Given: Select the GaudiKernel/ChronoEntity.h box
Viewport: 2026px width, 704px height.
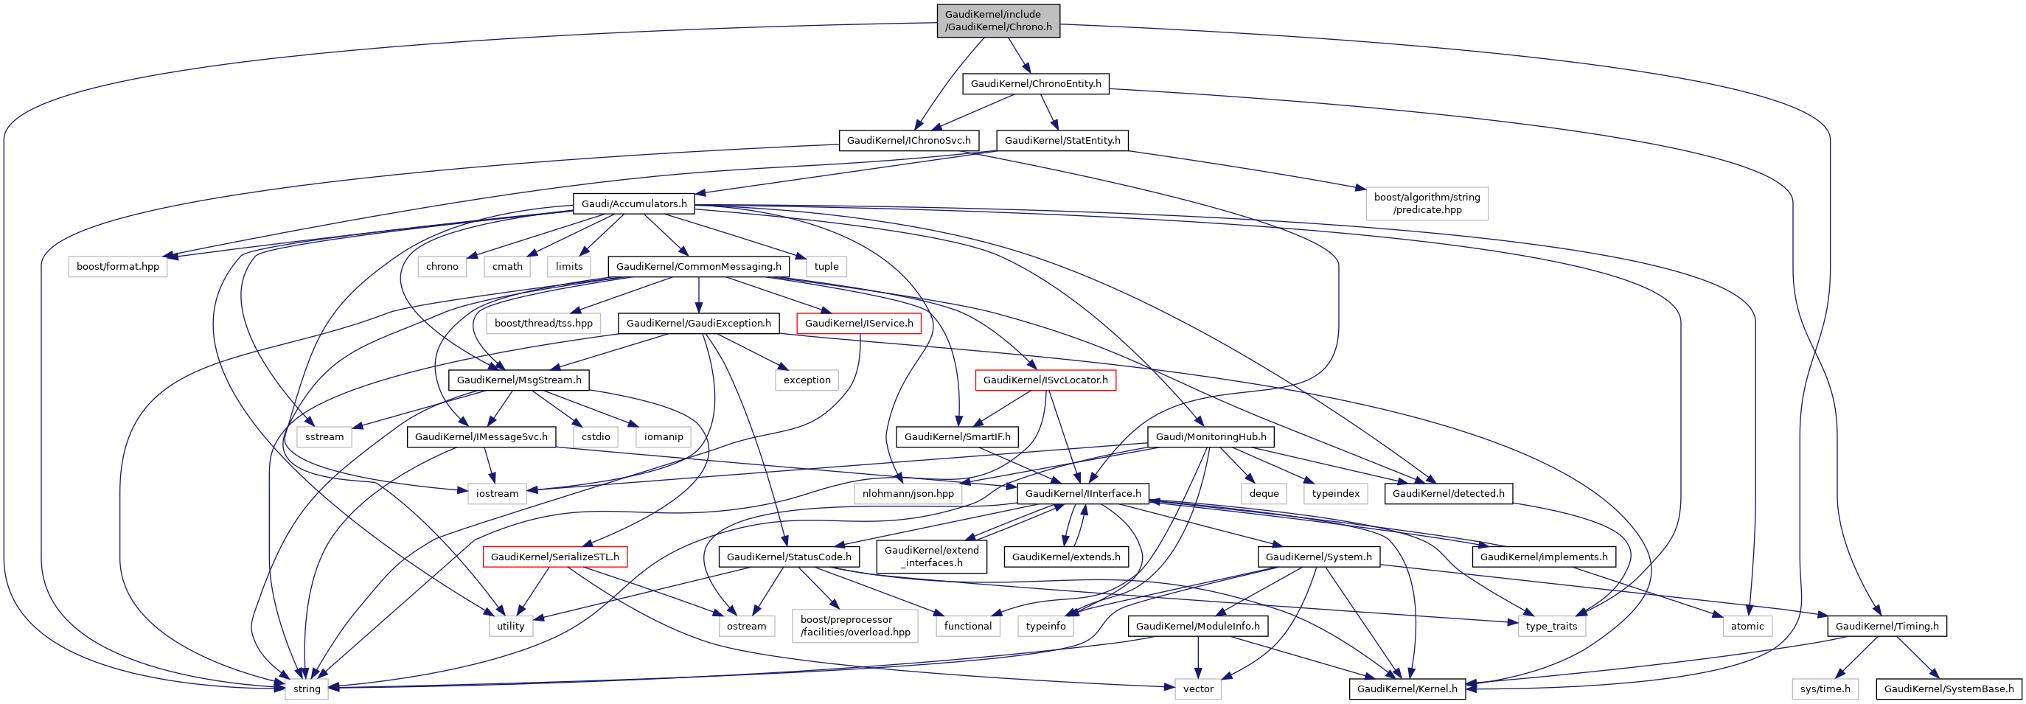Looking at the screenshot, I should coord(1035,83).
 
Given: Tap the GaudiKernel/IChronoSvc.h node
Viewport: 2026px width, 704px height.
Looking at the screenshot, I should coord(908,141).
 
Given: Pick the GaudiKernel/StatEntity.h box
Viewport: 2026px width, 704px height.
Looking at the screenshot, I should coord(1062,141).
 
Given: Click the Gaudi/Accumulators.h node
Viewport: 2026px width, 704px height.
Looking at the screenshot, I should coord(633,203).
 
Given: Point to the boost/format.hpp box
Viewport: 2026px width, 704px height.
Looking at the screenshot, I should coord(117,267).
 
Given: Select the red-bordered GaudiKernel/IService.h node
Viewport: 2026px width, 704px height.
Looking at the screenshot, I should coord(858,324).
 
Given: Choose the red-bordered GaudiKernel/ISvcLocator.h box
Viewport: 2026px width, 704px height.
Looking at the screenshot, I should coord(1045,380).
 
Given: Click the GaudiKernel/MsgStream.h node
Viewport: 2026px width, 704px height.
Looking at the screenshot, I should coord(518,380).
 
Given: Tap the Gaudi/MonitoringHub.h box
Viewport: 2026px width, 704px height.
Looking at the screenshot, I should coord(1211,436).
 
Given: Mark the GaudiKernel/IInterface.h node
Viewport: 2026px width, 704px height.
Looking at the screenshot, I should coord(1082,493).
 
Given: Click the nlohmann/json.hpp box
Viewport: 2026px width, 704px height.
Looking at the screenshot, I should coord(908,493).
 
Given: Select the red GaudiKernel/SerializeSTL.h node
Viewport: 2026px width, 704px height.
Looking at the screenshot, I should coord(554,557).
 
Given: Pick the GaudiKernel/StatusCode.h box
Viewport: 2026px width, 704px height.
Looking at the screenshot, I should coord(788,557).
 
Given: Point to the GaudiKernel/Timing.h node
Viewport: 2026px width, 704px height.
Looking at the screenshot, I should coord(1886,626).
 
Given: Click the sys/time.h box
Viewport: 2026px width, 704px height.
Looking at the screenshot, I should coord(1825,689).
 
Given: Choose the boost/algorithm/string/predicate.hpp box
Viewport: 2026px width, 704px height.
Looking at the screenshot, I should coord(1426,203).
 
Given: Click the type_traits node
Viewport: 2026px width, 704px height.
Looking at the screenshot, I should coord(1551,626).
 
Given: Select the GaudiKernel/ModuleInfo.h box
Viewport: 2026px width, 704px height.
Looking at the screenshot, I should coord(1197,626).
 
